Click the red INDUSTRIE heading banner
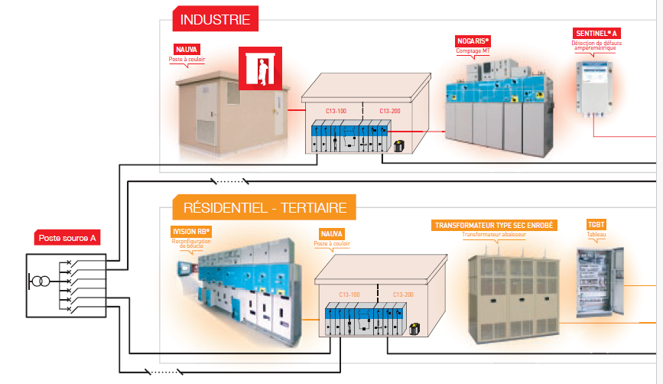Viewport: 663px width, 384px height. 216,18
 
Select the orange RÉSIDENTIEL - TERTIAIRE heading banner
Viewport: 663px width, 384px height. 265,207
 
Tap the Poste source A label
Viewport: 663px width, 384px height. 67,239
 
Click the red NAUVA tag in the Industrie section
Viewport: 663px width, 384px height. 187,50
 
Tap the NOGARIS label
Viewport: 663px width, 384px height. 473,41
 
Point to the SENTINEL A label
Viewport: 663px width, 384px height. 596,34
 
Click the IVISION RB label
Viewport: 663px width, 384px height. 191,231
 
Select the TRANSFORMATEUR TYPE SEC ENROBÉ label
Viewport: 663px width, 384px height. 495,226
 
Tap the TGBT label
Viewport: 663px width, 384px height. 596,226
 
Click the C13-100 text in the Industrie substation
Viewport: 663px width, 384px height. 336,111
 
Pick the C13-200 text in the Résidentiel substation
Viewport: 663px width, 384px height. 404,294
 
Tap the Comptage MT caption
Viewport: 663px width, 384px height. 473,51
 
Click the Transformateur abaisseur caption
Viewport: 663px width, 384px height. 495,236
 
